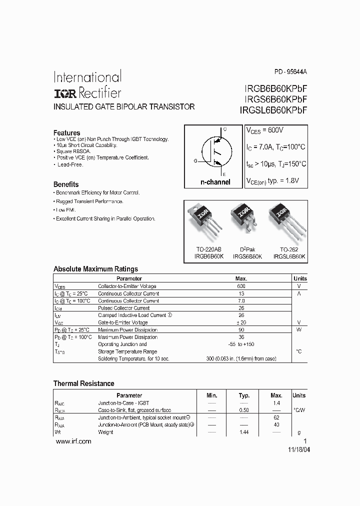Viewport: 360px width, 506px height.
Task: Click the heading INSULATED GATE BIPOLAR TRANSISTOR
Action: pyautogui.click(x=124, y=107)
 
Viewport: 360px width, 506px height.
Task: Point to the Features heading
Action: pyautogui.click(x=67, y=133)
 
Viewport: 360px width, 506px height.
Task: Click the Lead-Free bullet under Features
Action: pyautogui.click(x=70, y=164)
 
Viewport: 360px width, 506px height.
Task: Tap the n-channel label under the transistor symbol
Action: pyautogui.click(x=215, y=182)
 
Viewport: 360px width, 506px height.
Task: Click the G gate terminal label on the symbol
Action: pyautogui.click(x=195, y=160)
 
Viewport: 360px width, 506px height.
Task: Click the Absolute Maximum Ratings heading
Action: pyautogui.click(x=95, y=268)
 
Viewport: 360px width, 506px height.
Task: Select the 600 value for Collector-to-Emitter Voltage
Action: pyautogui.click(x=241, y=286)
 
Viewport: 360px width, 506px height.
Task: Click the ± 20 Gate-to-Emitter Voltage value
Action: pyautogui.click(x=241, y=322)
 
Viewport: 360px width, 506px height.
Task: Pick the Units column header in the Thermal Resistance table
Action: pyautogui.click(x=299, y=395)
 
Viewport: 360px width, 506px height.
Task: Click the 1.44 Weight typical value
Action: pyautogui.click(x=244, y=432)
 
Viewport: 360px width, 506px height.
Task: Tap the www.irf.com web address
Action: pyautogui.click(x=73, y=441)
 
